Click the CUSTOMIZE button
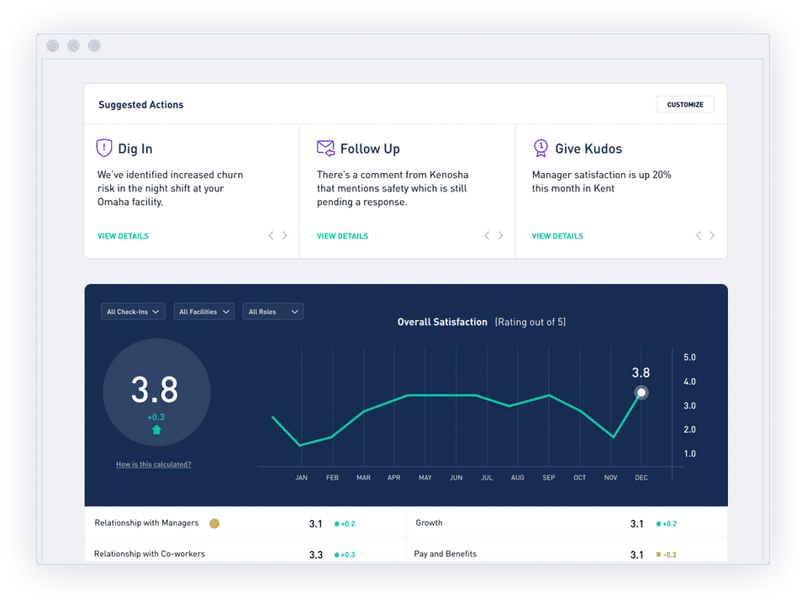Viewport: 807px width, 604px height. click(x=685, y=105)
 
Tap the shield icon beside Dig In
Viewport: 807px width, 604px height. click(x=104, y=149)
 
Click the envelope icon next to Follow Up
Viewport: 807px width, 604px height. click(x=325, y=149)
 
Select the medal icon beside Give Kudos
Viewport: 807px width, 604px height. click(x=541, y=149)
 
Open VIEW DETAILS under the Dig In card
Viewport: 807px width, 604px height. click(x=123, y=236)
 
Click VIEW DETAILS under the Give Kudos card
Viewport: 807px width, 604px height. click(x=557, y=236)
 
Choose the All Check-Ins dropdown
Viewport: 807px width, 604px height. click(x=133, y=312)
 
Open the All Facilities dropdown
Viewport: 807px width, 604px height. click(x=203, y=312)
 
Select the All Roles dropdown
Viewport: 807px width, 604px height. click(x=272, y=312)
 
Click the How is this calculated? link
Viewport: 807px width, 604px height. click(x=154, y=465)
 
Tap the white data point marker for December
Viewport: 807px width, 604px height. click(x=641, y=392)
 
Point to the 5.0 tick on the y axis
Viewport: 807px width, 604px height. click(x=689, y=358)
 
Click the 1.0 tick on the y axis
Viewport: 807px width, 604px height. click(x=689, y=454)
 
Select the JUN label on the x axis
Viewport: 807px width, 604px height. click(x=456, y=478)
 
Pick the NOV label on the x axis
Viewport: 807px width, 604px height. click(x=610, y=478)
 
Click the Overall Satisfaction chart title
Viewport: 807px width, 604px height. click(x=442, y=323)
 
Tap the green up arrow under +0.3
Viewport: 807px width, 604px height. click(x=156, y=430)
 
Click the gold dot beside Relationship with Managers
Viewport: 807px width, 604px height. click(x=214, y=523)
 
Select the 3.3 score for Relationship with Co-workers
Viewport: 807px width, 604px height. click(x=315, y=554)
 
